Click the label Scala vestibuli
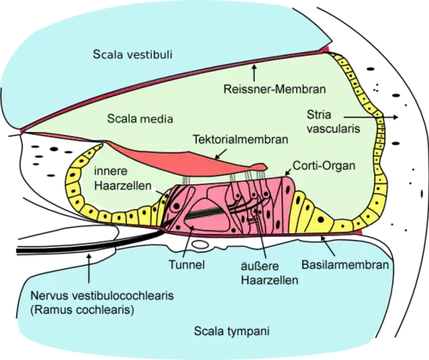click(133, 54)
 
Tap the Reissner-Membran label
click(275, 89)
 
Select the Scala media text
click(140, 118)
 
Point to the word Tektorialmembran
click(240, 140)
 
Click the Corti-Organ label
click(324, 165)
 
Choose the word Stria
click(319, 115)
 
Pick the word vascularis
click(333, 129)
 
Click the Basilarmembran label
click(346, 265)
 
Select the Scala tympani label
click(232, 332)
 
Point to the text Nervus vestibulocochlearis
click(102, 295)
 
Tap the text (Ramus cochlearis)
click(82, 309)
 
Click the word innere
click(111, 171)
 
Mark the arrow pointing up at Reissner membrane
click(254, 73)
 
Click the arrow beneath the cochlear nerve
click(89, 268)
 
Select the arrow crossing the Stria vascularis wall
click(371, 117)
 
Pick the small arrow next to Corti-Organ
click(288, 171)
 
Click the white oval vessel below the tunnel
click(200, 244)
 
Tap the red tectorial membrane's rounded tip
click(264, 165)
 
